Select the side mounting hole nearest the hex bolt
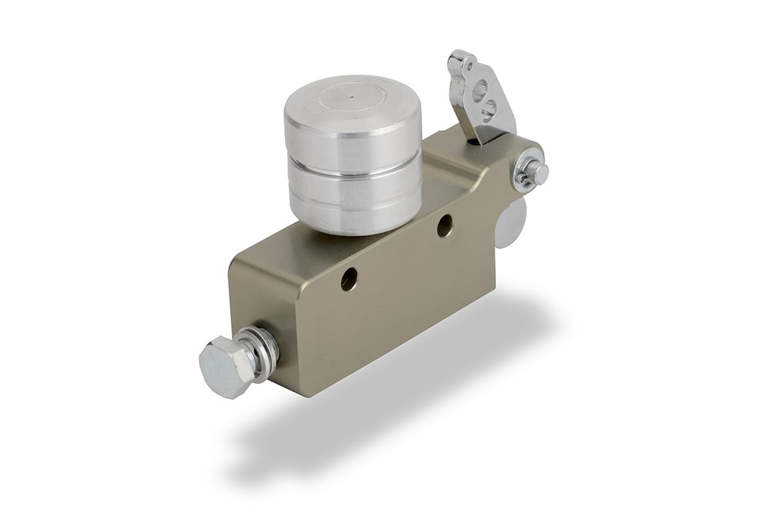349,278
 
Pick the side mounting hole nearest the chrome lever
444,225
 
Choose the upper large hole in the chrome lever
479,92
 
